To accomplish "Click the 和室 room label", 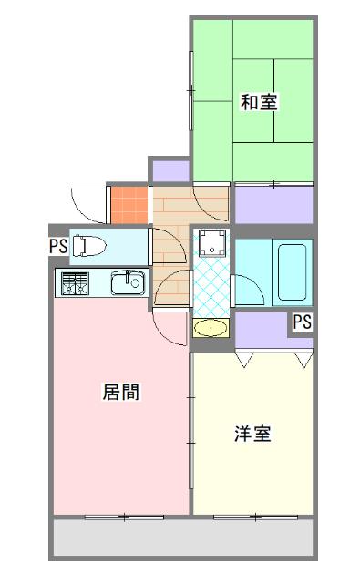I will point(259,102).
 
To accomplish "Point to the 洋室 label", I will point(252,434).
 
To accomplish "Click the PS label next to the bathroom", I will point(302,322).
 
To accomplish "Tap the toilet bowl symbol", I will point(87,246).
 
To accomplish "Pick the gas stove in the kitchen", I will point(73,283).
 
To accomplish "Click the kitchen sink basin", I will point(128,284).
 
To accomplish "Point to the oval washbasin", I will point(212,328).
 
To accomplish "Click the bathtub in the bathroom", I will point(293,271).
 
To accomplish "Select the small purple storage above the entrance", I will point(170,169).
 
